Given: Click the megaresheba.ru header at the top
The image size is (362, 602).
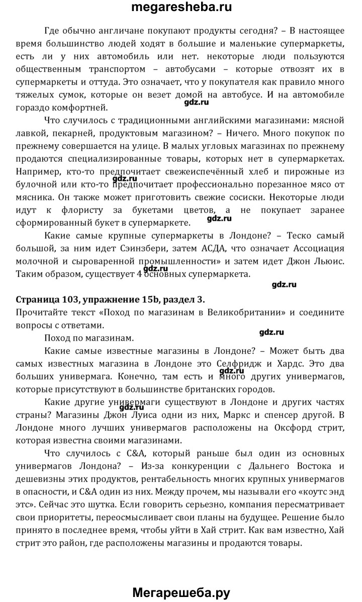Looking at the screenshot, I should (x=181, y=8).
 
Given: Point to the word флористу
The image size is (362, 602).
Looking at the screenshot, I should (x=124, y=210).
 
